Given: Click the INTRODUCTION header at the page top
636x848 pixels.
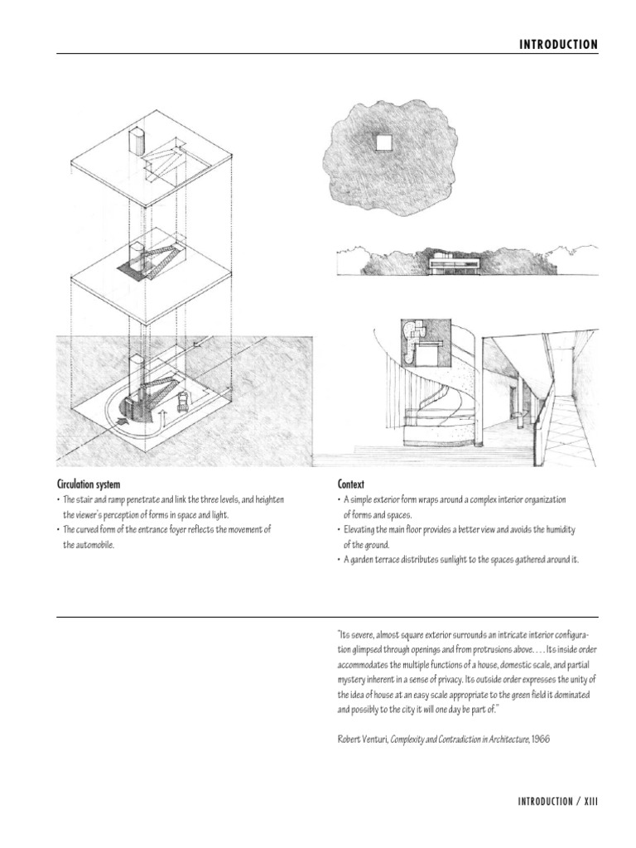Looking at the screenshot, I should (557, 45).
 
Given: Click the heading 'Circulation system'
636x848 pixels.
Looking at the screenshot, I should (91, 484).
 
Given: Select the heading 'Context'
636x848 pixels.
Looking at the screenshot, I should (351, 484).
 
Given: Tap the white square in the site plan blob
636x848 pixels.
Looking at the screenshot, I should (383, 143).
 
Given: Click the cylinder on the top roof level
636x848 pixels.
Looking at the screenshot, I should (137, 140).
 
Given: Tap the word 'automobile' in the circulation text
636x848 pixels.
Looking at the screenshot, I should (91, 546).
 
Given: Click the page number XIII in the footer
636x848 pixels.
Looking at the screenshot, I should (588, 802).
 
